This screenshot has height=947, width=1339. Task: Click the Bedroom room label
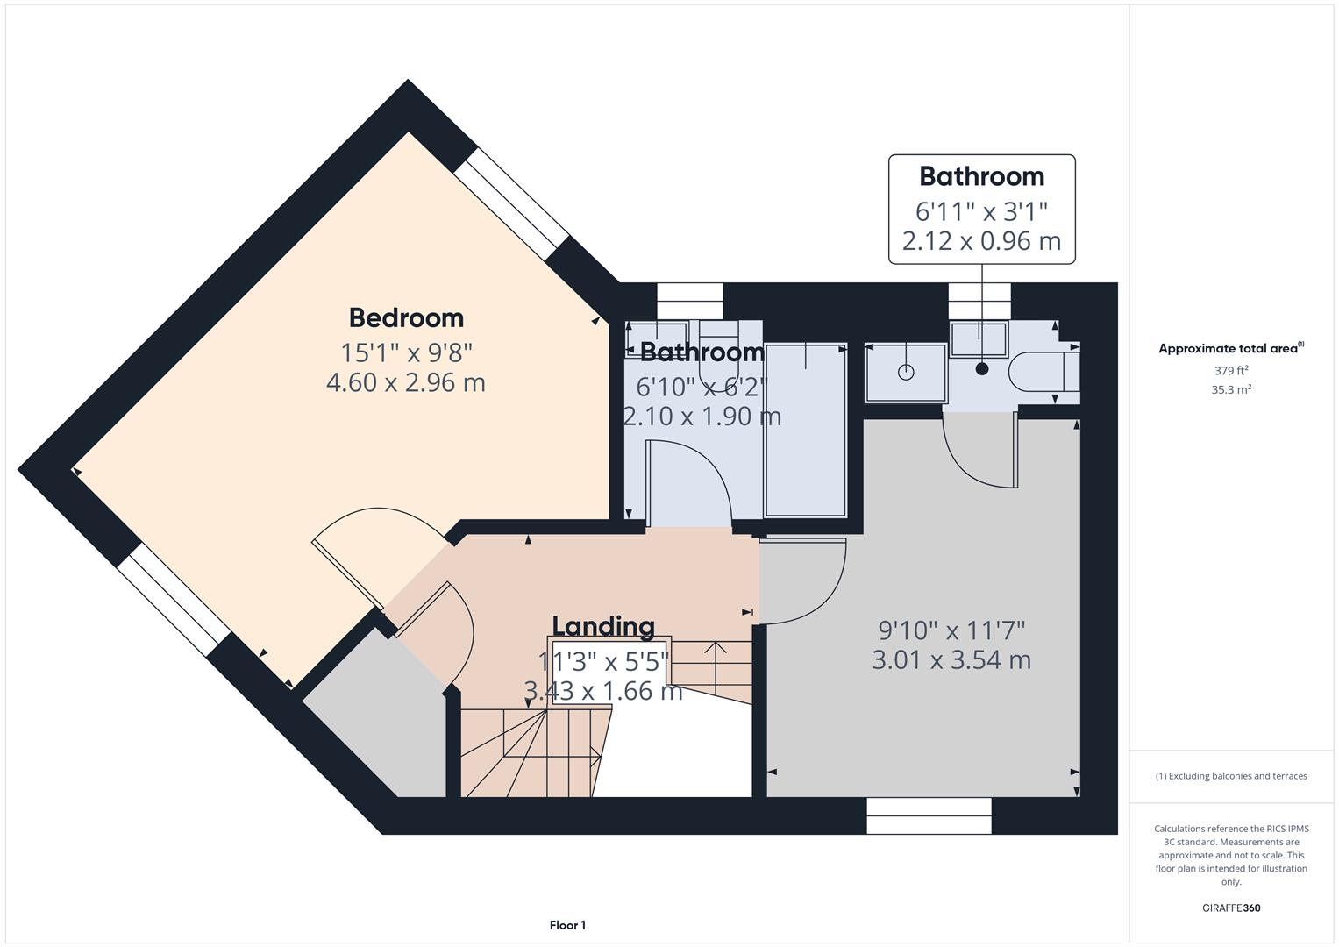(x=406, y=317)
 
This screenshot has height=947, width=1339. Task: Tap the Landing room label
(x=603, y=626)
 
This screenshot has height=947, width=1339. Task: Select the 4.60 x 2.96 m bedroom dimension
(x=406, y=382)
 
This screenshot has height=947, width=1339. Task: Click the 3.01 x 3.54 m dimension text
(x=951, y=659)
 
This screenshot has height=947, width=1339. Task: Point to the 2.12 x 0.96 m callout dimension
(x=981, y=240)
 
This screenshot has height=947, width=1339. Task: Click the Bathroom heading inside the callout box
(x=981, y=176)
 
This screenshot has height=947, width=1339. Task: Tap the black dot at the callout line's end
(x=982, y=369)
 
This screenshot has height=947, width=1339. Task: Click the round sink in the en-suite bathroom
(x=906, y=373)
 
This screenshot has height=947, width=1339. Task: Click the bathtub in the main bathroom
(x=806, y=430)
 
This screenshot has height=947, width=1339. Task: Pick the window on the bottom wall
(x=929, y=815)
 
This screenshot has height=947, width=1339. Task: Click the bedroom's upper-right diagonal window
(x=511, y=203)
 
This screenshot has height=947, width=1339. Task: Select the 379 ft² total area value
(x=1230, y=371)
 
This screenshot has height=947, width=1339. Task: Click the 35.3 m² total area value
(x=1230, y=390)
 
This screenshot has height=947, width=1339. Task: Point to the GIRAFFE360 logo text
(x=1230, y=908)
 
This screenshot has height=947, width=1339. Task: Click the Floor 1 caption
(x=567, y=925)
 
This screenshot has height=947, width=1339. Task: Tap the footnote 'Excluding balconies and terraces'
(x=1230, y=776)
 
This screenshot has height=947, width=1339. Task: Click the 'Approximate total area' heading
(x=1230, y=349)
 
